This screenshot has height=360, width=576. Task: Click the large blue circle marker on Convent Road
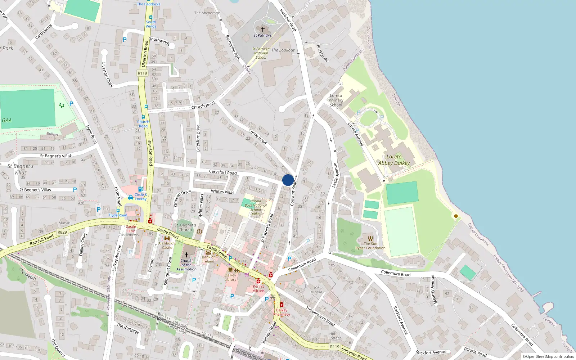click(288, 180)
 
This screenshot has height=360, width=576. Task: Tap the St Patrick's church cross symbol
click(262, 30)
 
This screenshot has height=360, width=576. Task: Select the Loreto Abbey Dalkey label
click(394, 160)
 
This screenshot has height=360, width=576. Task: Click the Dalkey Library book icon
click(230, 270)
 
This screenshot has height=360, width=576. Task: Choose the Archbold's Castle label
click(167, 245)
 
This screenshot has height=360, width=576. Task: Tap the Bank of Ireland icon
click(208, 252)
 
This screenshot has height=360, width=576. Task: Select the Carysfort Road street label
click(223, 172)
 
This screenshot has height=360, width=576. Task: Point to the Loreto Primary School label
click(336, 100)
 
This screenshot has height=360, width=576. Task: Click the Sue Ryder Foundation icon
click(370, 238)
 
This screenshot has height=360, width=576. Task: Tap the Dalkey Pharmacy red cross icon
click(282, 305)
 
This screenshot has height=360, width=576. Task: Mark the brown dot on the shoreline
click(456, 216)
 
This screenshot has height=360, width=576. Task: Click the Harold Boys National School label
click(256, 207)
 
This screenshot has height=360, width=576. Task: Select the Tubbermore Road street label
click(320, 316)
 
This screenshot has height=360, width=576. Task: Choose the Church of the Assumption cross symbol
click(186, 255)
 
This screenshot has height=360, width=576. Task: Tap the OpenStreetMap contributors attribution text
click(548, 356)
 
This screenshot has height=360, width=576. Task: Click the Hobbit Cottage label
click(335, 336)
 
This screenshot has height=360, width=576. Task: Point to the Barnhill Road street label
click(42, 240)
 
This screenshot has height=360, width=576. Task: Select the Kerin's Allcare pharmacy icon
click(258, 281)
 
